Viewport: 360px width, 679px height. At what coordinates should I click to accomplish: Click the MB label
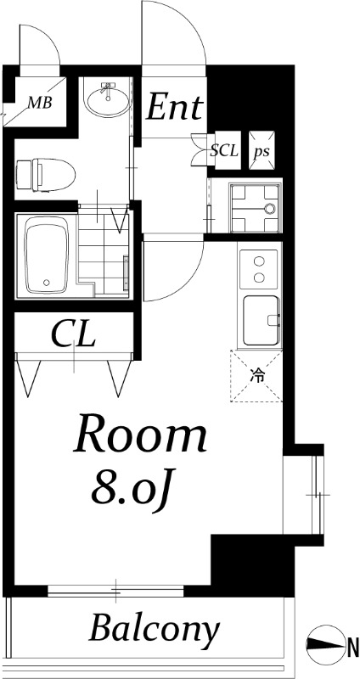pos(40,103)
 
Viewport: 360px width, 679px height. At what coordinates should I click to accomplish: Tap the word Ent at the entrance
pos(175,108)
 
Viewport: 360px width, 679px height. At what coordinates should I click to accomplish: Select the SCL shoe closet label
pos(224,151)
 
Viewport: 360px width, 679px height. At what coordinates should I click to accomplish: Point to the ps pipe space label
pos(262,152)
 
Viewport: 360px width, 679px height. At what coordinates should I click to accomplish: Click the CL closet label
pos(73,334)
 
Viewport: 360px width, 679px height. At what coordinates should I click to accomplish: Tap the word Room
pos(140,434)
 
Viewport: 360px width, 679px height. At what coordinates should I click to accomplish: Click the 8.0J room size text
pos(129,489)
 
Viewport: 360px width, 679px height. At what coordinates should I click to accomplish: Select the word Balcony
pos(154,628)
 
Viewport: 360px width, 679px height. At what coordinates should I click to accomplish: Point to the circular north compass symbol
pos(323,644)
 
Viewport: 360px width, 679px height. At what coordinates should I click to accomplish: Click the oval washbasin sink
pos(108,99)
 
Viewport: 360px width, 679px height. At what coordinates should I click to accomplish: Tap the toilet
pos(45,175)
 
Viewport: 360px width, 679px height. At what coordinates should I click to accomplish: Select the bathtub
pos(47,255)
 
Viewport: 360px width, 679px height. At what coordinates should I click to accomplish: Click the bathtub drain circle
pos(47,283)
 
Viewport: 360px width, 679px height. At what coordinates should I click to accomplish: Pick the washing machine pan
pos(256,208)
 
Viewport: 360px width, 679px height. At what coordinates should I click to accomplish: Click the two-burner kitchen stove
pos(259,269)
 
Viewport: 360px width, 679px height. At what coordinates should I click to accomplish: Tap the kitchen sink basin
pos(261,321)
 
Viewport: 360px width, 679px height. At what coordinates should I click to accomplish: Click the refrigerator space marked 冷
pos(256,376)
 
